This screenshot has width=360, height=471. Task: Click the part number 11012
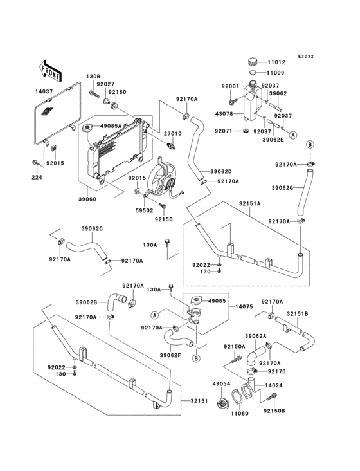[276, 62]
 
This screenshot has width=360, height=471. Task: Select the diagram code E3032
[306, 56]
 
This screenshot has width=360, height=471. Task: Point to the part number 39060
[87, 199]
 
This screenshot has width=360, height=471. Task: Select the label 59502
[144, 211]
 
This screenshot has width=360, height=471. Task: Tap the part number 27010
[173, 133]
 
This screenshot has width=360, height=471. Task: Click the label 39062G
[283, 188]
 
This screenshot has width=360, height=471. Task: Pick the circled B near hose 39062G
[310, 145]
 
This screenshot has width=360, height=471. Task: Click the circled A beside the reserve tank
[293, 135]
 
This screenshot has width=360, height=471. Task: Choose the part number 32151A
[249, 203]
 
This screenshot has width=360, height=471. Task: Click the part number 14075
[244, 307]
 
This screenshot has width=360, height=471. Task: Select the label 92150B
[274, 411]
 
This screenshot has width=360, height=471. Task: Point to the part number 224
[37, 177]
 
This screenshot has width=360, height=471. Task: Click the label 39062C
[92, 228]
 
